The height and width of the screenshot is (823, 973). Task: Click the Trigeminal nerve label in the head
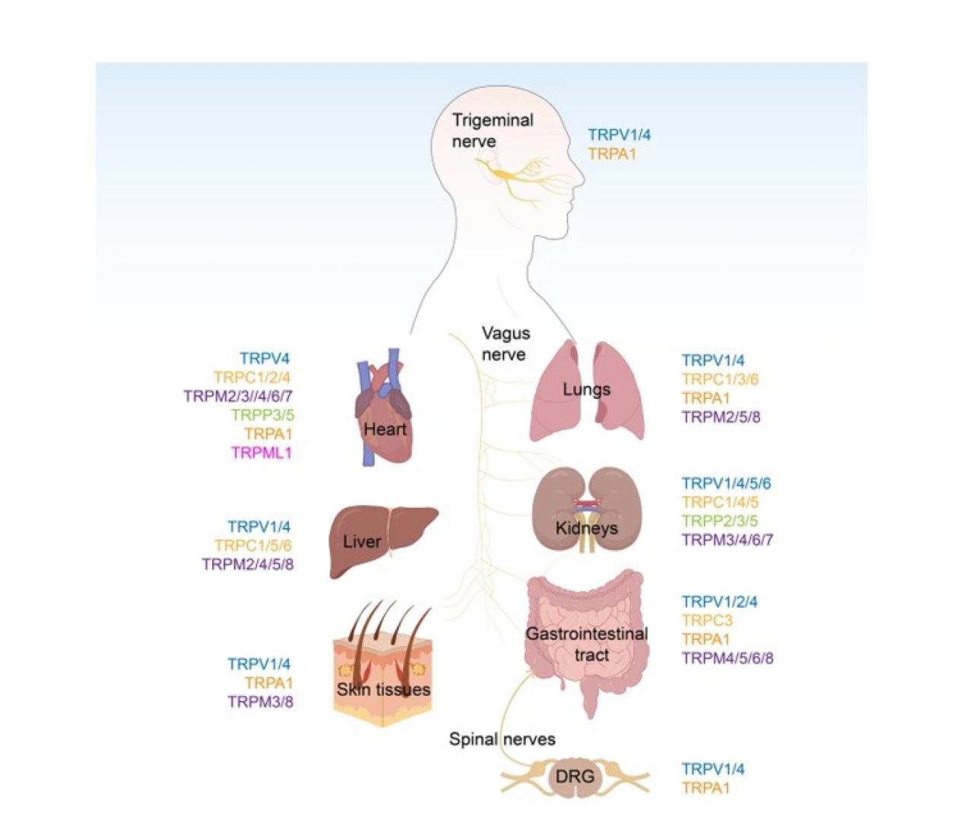[x=493, y=131]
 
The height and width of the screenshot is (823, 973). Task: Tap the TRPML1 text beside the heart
[x=261, y=453]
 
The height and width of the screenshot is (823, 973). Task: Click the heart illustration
[x=383, y=407]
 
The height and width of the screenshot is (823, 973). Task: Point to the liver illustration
[x=383, y=541]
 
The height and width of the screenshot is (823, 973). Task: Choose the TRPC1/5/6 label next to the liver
[x=253, y=545]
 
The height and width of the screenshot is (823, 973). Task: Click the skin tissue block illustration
[x=382, y=667]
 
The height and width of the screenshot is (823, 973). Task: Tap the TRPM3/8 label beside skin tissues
[x=261, y=701]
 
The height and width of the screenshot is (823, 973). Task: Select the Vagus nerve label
[x=506, y=343]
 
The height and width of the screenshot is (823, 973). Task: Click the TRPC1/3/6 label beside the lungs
[x=720, y=378]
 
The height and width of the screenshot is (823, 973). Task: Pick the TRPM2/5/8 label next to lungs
[x=721, y=417]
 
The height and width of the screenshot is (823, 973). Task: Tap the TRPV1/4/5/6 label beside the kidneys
[x=727, y=483]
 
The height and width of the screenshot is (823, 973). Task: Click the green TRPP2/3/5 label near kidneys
[x=720, y=521]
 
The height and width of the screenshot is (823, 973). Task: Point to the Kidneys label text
[x=587, y=528]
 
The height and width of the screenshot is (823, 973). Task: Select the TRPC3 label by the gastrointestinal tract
[x=707, y=620]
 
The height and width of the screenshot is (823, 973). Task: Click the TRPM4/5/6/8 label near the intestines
[x=727, y=658]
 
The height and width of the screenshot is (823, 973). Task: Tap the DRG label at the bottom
[x=575, y=776]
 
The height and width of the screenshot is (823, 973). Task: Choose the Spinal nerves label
[x=502, y=739]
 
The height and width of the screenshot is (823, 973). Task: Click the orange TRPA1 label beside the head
[x=613, y=154]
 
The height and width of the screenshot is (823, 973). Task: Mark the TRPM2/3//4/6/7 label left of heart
[x=238, y=396]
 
